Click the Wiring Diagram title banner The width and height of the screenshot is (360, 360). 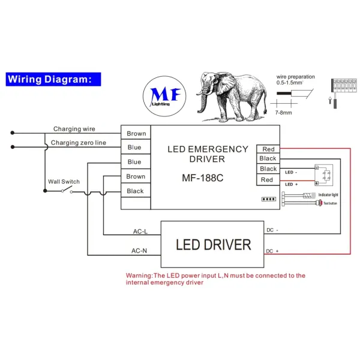(x=52, y=79)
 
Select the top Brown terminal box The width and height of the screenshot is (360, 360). (x=136, y=133)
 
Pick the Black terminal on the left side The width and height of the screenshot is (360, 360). (x=136, y=191)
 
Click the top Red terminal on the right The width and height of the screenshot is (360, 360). (x=268, y=149)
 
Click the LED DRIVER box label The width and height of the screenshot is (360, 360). (x=213, y=245)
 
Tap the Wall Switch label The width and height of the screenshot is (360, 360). (x=64, y=182)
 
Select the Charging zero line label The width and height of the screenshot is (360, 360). (x=78, y=143)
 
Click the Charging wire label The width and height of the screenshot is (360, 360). (x=74, y=129)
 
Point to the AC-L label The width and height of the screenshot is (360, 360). (x=140, y=232)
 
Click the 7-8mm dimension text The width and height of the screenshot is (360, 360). (x=283, y=112)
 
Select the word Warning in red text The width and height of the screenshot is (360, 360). (x=139, y=276)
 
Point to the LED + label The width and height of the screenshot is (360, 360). (x=292, y=184)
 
